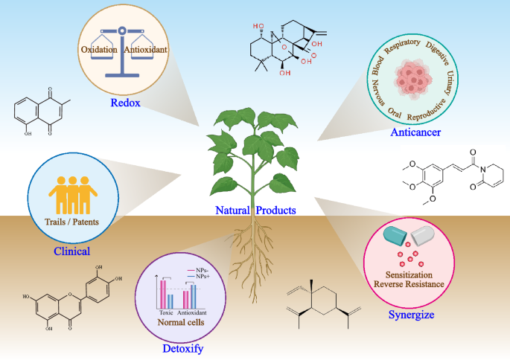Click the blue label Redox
click(x=125, y=103)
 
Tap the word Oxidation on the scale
click(x=99, y=49)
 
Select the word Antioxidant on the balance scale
click(x=145, y=49)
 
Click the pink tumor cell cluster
click(x=413, y=80)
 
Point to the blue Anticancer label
click(x=415, y=132)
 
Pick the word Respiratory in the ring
click(x=402, y=46)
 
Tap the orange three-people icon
click(x=73, y=195)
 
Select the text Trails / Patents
click(x=72, y=222)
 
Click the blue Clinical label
click(x=72, y=251)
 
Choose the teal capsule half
click(x=395, y=235)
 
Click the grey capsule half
click(x=422, y=236)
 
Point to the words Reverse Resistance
click(x=409, y=284)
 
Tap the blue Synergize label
click(x=412, y=315)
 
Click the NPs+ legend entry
click(x=199, y=276)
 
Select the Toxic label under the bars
click(x=166, y=312)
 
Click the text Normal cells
click(x=181, y=322)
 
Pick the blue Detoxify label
click(x=183, y=349)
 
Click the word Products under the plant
click(x=275, y=210)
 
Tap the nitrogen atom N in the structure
click(x=483, y=170)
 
